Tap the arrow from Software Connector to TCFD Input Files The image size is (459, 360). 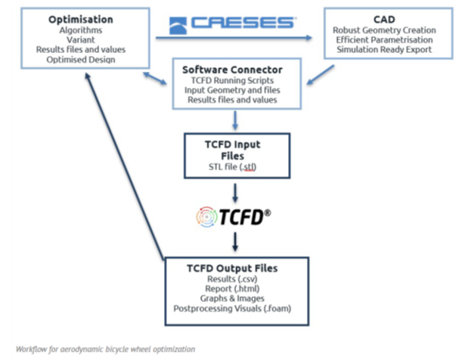click(x=236, y=118)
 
